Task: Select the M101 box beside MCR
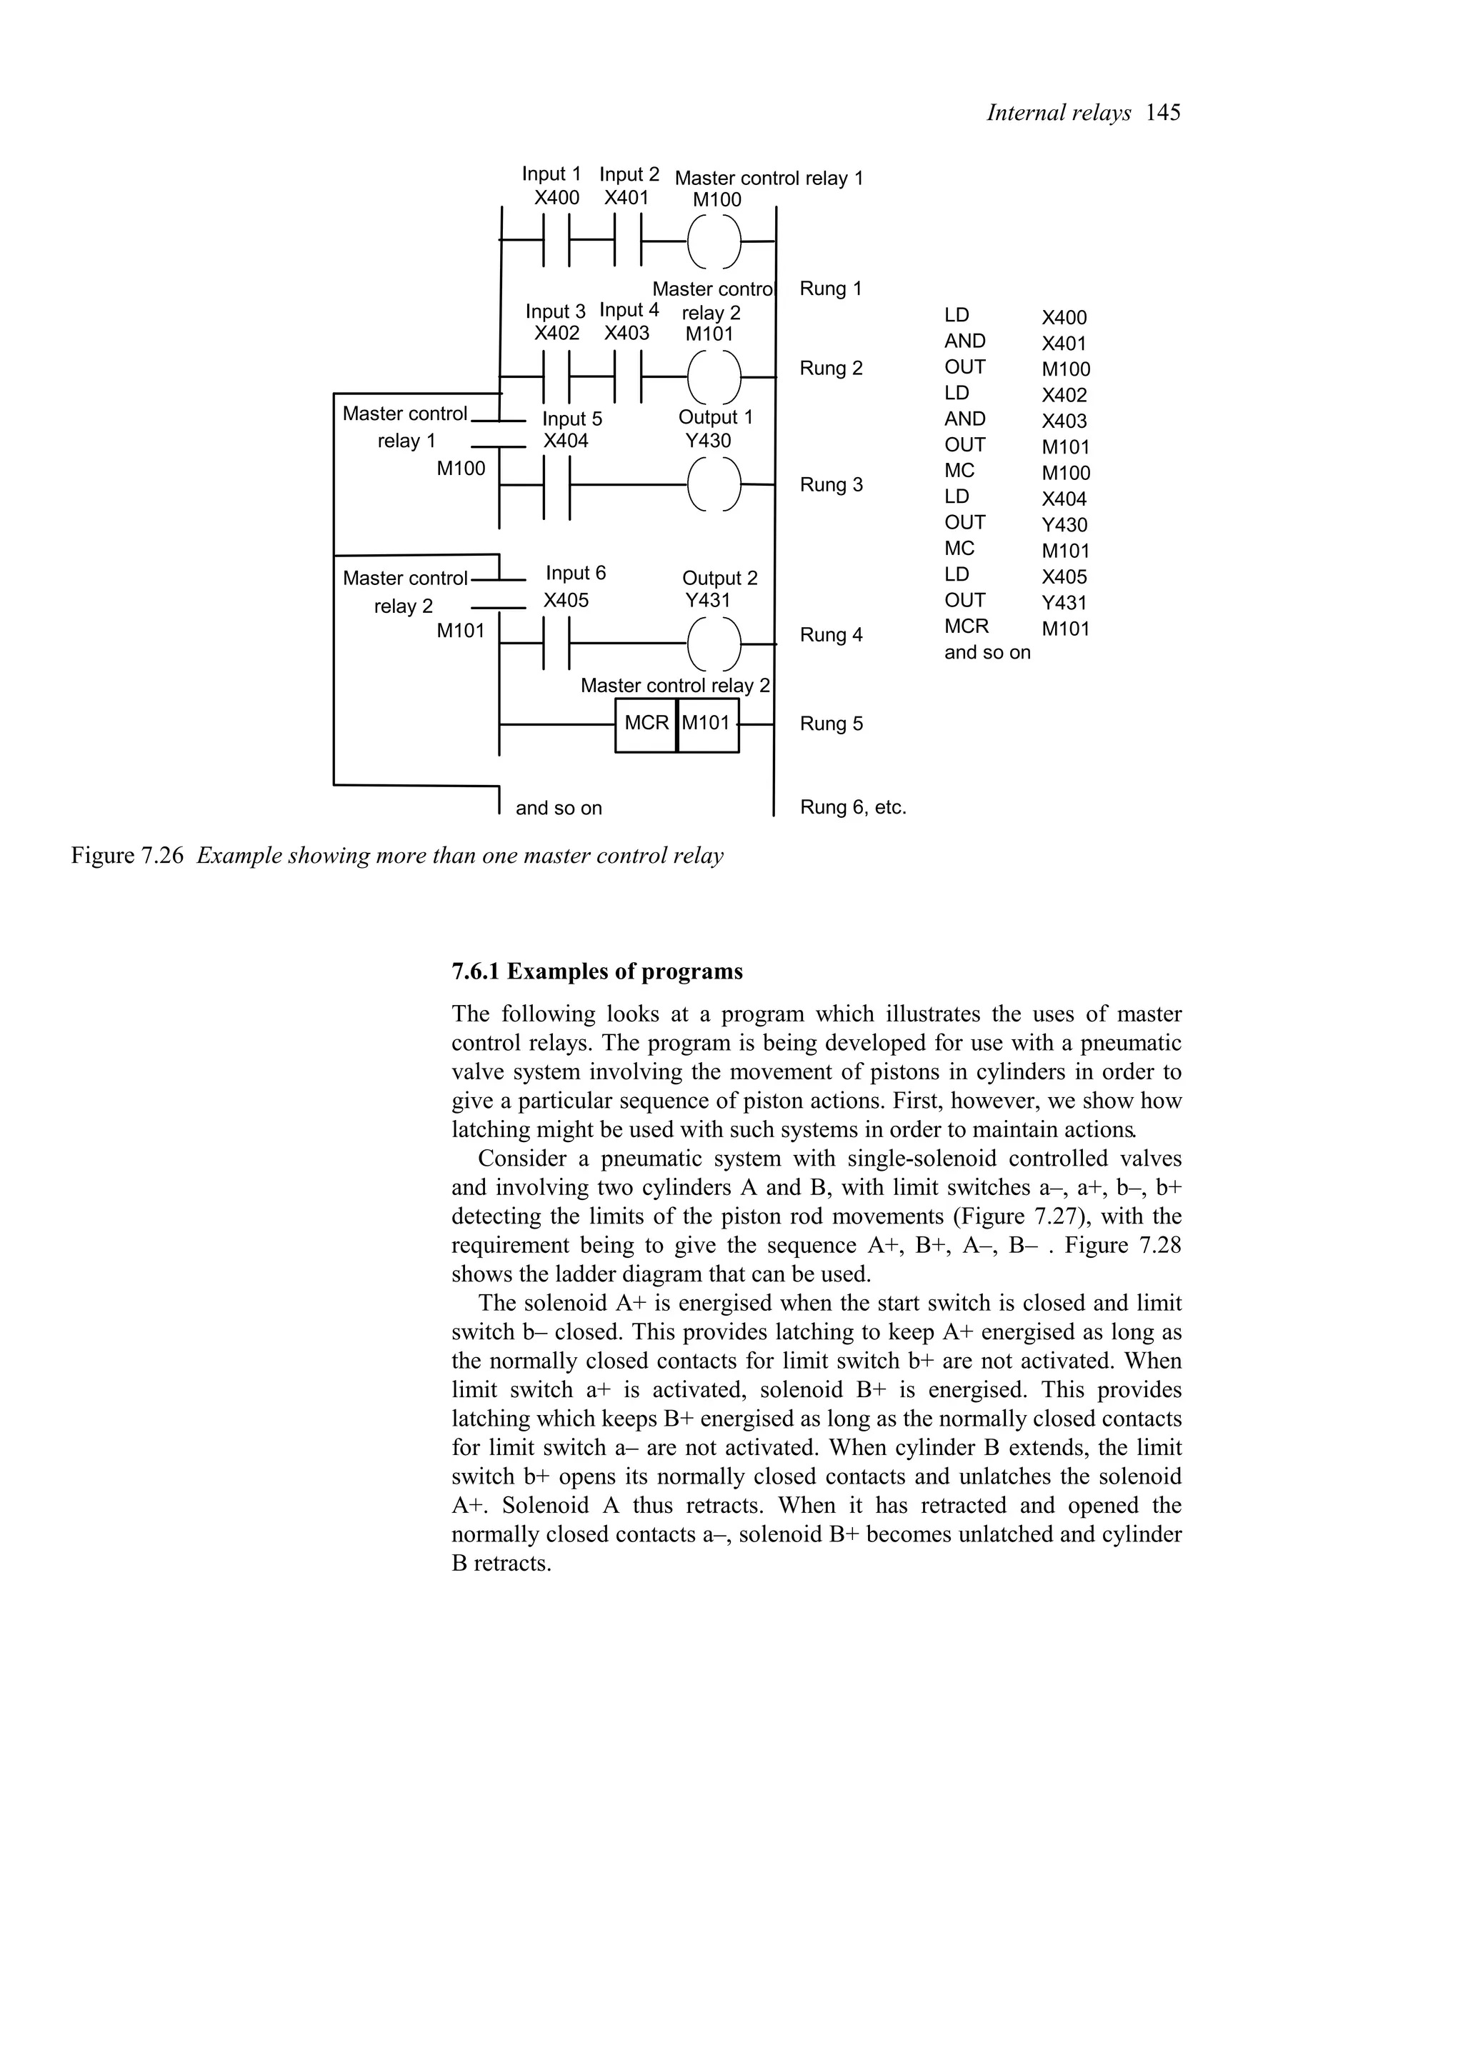coord(706,724)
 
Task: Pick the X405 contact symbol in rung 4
coord(557,644)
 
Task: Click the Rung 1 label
coord(830,289)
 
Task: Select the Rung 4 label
coord(830,635)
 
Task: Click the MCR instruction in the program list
coord(967,626)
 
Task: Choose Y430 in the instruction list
coord(1064,525)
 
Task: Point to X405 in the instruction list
coord(1064,577)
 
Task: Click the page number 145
coord(1163,113)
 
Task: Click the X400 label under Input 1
coord(556,197)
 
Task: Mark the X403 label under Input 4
coord(626,333)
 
